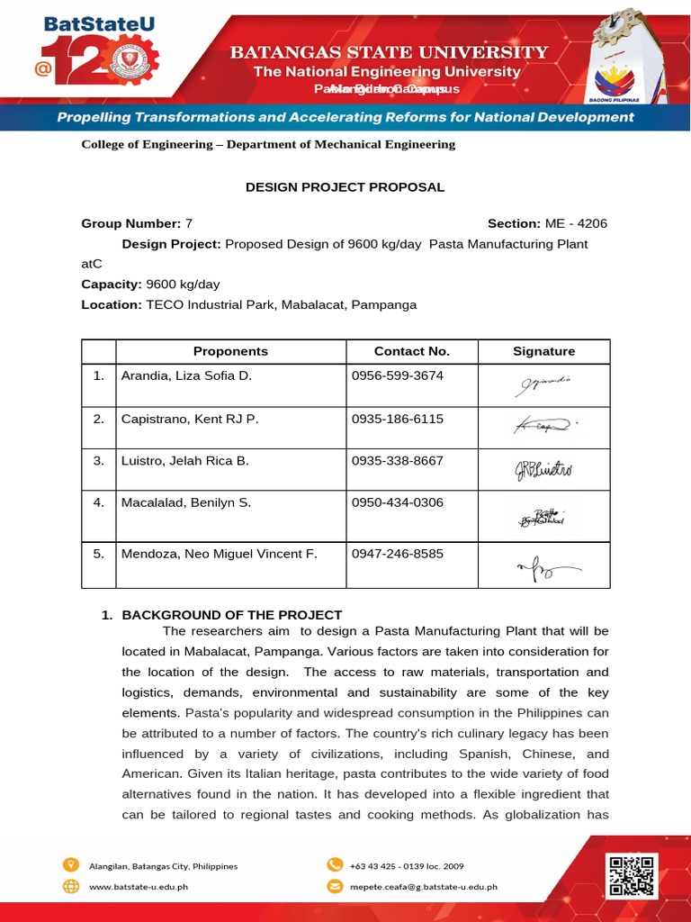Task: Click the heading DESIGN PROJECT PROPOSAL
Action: click(x=345, y=187)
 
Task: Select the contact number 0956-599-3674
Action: click(x=398, y=375)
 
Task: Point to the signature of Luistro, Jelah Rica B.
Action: click(x=543, y=469)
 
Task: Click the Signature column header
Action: click(x=543, y=351)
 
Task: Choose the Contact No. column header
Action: click(x=411, y=351)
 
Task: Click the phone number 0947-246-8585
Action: click(x=398, y=554)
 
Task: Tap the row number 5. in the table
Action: click(x=99, y=554)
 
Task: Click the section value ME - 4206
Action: click(x=576, y=223)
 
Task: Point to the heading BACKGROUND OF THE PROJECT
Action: click(x=232, y=615)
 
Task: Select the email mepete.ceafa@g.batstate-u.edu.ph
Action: click(x=423, y=887)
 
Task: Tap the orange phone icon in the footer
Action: click(x=335, y=865)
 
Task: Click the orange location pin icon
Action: click(x=71, y=865)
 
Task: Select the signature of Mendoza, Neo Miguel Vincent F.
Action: click(x=543, y=566)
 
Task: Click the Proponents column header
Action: click(x=230, y=351)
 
